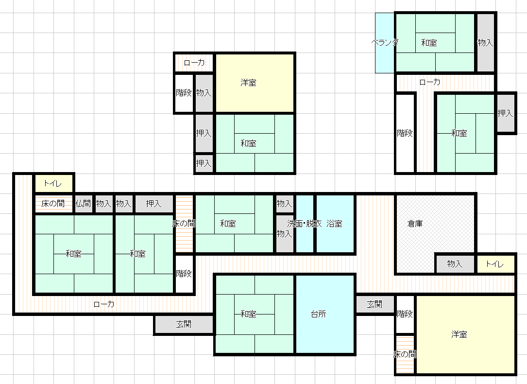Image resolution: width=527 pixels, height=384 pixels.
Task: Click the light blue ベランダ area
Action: coord(385,43)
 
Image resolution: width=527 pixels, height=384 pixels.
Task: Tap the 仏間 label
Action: coord(84,204)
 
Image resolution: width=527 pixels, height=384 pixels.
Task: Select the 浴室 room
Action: coord(335,224)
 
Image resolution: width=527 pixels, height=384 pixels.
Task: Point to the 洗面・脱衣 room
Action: coord(305,224)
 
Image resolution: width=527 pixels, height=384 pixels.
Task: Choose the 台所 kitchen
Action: coord(325,314)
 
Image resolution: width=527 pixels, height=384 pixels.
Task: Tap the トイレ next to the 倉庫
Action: coord(496,264)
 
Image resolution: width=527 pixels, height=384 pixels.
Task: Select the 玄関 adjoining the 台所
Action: coord(375,304)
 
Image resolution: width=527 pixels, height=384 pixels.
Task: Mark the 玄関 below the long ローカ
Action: coord(184,325)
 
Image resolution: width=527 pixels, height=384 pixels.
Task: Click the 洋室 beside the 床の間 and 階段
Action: coord(465,334)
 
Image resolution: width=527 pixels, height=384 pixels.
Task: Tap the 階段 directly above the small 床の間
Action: coord(405,314)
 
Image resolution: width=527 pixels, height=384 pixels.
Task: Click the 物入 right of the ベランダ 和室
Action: coord(485,43)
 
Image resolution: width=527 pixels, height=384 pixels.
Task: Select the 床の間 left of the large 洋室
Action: coord(405,354)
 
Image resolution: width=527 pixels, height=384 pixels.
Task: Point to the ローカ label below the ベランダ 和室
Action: coord(430,82)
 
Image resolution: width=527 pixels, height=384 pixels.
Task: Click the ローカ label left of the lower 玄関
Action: coord(104,304)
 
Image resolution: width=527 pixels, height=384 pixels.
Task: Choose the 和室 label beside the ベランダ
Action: coord(429,43)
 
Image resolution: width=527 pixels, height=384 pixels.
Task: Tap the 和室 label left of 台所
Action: coord(248,314)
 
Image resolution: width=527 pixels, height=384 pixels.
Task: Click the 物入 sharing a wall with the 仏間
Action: coord(103,204)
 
